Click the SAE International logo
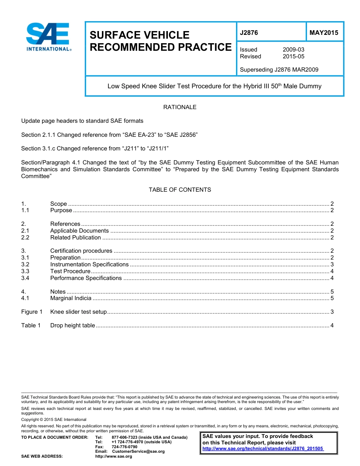pos(48,37)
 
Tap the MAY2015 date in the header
pos(324,33)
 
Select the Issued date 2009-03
pos(293,50)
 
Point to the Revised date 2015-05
pos(293,56)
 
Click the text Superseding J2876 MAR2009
pos(279,70)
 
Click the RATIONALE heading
pos(180,107)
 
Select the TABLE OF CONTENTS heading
pos(180,189)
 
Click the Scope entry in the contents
pos(58,204)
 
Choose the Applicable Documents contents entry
pos(79,231)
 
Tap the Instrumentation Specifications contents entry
pos(89,264)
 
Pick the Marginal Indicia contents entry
pos(70,298)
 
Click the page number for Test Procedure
pos(332,271)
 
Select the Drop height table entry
pos(72,325)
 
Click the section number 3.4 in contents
pos(25,278)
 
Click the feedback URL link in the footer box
pos(263,449)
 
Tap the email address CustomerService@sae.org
pos(138,452)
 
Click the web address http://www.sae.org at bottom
pos(114,457)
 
